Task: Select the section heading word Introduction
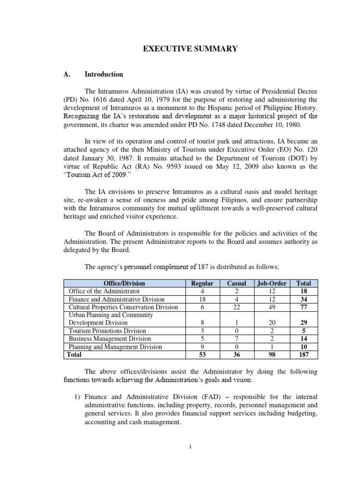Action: tap(104, 74)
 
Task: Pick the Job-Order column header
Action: tap(271, 283)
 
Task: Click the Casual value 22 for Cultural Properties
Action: tap(236, 307)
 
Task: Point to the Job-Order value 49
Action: tap(271, 307)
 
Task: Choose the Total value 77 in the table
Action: tap(303, 307)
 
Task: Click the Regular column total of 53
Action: tap(202, 355)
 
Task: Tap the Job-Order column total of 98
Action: tap(271, 355)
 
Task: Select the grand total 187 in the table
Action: tap(303, 355)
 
